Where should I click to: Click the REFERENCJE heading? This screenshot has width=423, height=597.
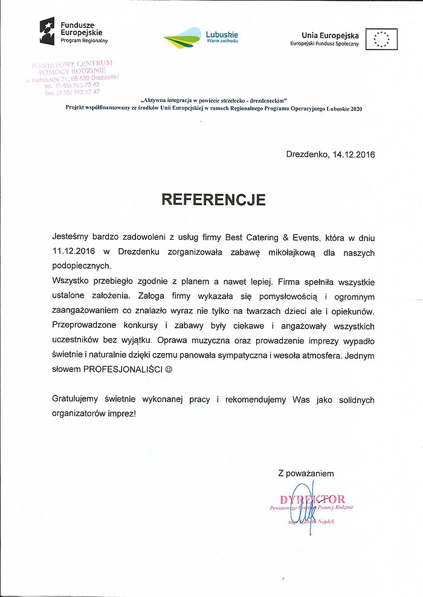213,200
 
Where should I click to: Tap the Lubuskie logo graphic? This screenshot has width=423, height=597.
182,38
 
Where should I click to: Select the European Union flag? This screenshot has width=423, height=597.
385,39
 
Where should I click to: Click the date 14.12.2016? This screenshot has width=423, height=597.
354,155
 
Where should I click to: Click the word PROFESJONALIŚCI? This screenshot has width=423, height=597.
123,368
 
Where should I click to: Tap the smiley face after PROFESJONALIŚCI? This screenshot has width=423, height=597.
169,368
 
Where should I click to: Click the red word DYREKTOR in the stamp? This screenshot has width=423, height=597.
312,499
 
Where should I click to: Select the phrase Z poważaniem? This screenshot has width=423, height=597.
306,473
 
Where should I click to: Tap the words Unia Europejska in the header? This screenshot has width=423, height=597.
330,36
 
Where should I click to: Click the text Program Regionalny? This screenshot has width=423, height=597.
83,40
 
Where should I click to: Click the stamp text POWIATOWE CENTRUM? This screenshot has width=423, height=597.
73,63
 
